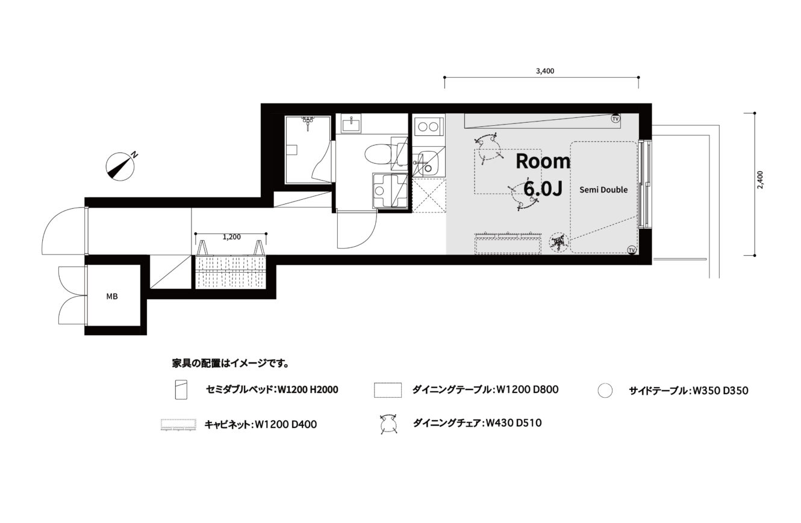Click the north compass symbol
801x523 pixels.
[x=120, y=167]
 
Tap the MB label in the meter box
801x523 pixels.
[x=112, y=297]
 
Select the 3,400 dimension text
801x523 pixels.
[x=545, y=71]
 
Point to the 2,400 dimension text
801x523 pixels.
[x=760, y=180]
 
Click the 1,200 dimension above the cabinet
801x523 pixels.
[x=232, y=237]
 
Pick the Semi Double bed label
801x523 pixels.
[x=603, y=190]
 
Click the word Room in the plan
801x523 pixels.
[x=543, y=161]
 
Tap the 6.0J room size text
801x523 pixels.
[x=543, y=188]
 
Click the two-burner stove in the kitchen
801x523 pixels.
[x=428, y=127]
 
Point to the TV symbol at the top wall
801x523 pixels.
[x=616, y=118]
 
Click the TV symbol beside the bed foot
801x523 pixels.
[x=632, y=250]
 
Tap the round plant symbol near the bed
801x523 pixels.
[x=559, y=243]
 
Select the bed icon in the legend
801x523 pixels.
[x=181, y=389]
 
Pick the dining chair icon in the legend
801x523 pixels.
[x=388, y=424]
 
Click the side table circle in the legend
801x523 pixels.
[x=605, y=391]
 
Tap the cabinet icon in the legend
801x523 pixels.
[x=178, y=424]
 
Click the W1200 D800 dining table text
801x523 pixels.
[x=528, y=389]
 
